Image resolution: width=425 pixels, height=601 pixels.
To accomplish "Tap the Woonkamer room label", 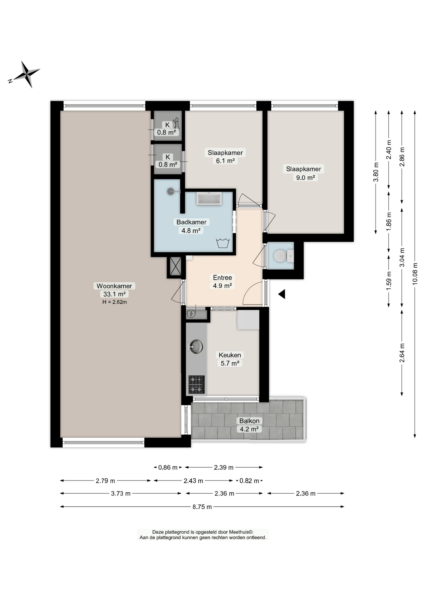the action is (x=114, y=286).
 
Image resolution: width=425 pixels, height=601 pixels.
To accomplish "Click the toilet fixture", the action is (x=284, y=256).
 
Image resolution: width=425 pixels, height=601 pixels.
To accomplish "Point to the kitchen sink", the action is (x=196, y=347).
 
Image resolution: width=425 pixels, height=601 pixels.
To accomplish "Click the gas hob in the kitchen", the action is (x=197, y=384).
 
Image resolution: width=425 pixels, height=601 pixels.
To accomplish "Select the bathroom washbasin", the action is (x=209, y=198).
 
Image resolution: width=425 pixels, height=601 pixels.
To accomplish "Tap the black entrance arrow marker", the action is (x=282, y=294).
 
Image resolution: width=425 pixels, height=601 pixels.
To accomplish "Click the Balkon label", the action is (x=249, y=421).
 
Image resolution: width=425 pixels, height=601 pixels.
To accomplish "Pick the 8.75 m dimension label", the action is (x=202, y=506).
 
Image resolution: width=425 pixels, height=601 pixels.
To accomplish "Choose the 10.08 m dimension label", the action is (x=415, y=273).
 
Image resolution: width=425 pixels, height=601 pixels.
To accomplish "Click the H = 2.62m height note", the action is (x=115, y=302).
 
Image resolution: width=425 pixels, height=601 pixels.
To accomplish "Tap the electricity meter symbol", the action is (x=191, y=313).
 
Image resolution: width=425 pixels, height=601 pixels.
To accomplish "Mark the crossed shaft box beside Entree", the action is (x=175, y=266).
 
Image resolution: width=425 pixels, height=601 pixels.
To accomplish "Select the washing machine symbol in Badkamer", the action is (x=223, y=243).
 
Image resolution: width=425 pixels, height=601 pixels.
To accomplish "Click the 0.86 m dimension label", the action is (x=168, y=467).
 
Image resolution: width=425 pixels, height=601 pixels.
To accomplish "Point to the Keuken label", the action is (x=230, y=355).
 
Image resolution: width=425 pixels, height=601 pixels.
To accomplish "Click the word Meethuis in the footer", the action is (x=241, y=532).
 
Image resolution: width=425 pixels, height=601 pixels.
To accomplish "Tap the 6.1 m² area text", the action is (x=225, y=161).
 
